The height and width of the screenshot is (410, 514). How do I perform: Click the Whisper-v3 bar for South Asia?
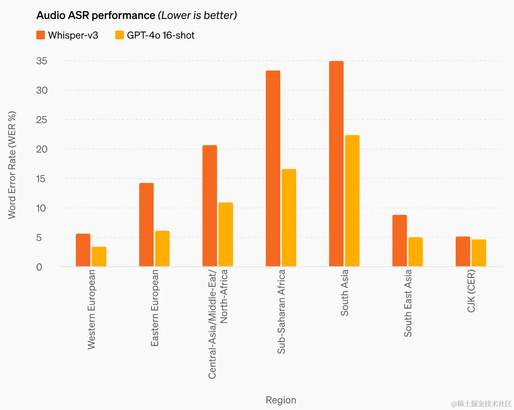tap(336, 164)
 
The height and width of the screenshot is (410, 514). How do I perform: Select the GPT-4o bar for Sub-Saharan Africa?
tap(289, 218)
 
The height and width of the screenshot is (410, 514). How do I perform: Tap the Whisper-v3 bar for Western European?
tap(83, 250)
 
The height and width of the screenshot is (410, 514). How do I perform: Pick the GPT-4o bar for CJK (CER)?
tap(479, 253)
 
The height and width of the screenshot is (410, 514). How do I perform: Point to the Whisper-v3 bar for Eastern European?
tap(146, 225)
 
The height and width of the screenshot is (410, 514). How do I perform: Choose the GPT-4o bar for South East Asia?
tap(416, 252)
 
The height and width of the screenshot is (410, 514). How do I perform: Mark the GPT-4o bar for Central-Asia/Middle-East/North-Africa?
tap(225, 235)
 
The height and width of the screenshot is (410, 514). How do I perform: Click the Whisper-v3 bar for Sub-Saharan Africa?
tap(273, 169)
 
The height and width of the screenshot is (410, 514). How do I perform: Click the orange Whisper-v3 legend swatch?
tap(41, 35)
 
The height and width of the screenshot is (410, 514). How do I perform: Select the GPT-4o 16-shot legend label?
tap(161, 35)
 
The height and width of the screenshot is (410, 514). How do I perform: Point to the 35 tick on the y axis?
tap(42, 61)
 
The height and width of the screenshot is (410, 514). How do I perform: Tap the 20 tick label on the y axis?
tap(42, 149)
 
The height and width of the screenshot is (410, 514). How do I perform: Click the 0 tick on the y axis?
tap(39, 267)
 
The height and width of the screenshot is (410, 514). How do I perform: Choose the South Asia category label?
tap(344, 293)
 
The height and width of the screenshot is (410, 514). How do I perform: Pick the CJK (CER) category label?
tap(471, 291)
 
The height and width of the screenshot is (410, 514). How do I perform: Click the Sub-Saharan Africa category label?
tap(281, 311)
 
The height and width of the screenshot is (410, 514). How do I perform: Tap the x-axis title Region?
tap(281, 400)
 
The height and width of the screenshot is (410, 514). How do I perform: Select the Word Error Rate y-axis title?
tap(12, 165)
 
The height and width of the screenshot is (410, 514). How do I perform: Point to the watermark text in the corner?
tap(481, 404)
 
